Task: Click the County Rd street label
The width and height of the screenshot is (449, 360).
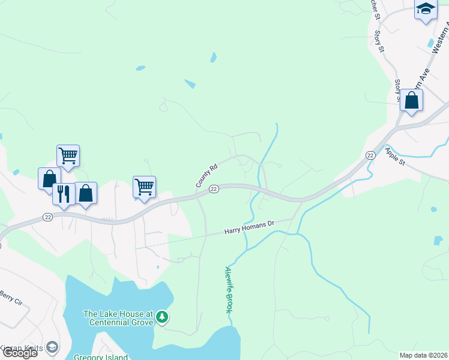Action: pos(206,176)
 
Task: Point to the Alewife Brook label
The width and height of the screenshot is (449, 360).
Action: pos(228,289)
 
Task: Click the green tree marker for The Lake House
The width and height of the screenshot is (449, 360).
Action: pos(161,317)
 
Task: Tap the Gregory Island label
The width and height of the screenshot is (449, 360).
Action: pos(100,357)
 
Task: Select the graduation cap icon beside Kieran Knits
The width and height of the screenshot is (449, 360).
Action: pos(52,347)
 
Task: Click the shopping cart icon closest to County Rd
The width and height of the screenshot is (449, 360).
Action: pos(144,186)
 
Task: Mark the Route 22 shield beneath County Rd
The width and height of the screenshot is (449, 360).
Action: pos(213,190)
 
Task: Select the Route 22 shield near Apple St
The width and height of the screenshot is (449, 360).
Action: pos(370,155)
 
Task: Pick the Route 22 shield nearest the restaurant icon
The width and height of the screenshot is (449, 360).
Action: pos(48,217)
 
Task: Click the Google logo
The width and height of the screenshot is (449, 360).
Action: pos(20,353)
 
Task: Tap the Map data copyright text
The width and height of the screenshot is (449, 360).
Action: pos(424,355)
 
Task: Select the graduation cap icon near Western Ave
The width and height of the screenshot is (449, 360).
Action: pos(426,8)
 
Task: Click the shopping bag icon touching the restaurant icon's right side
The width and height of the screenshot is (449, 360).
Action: pos(86,193)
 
